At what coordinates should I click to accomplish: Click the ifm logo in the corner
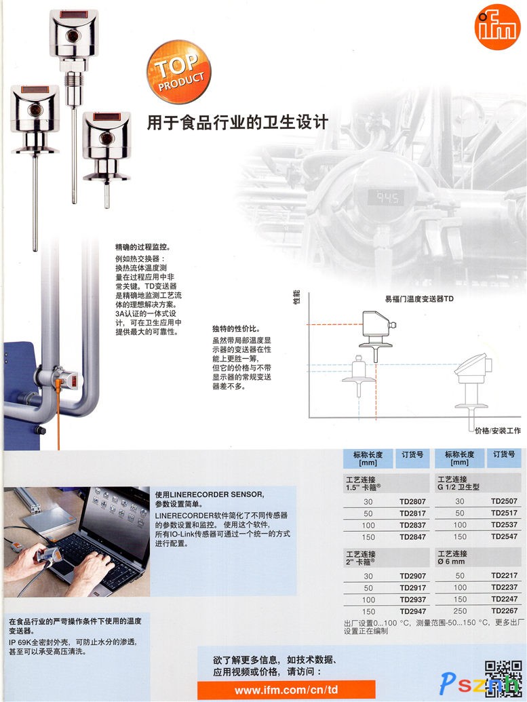[497, 27]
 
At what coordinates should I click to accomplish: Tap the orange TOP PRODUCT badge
[178, 72]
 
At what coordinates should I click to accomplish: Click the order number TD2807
[412, 501]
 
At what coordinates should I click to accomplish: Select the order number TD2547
[504, 537]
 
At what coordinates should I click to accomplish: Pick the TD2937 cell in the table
[412, 600]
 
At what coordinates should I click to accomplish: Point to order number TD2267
[504, 610]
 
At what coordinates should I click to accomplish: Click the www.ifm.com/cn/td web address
[286, 690]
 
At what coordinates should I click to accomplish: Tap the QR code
[503, 679]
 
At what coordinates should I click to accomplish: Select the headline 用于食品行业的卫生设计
[238, 122]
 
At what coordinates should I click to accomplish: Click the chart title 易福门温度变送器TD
[419, 298]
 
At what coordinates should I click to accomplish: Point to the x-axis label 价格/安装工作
[497, 431]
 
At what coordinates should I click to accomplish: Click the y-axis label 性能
[296, 297]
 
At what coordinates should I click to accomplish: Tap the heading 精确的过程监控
[143, 247]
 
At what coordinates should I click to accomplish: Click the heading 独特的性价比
[236, 328]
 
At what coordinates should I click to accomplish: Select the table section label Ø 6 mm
[451, 562]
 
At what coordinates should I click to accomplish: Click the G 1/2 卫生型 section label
[458, 487]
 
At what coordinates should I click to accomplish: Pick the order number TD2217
[504, 575]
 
